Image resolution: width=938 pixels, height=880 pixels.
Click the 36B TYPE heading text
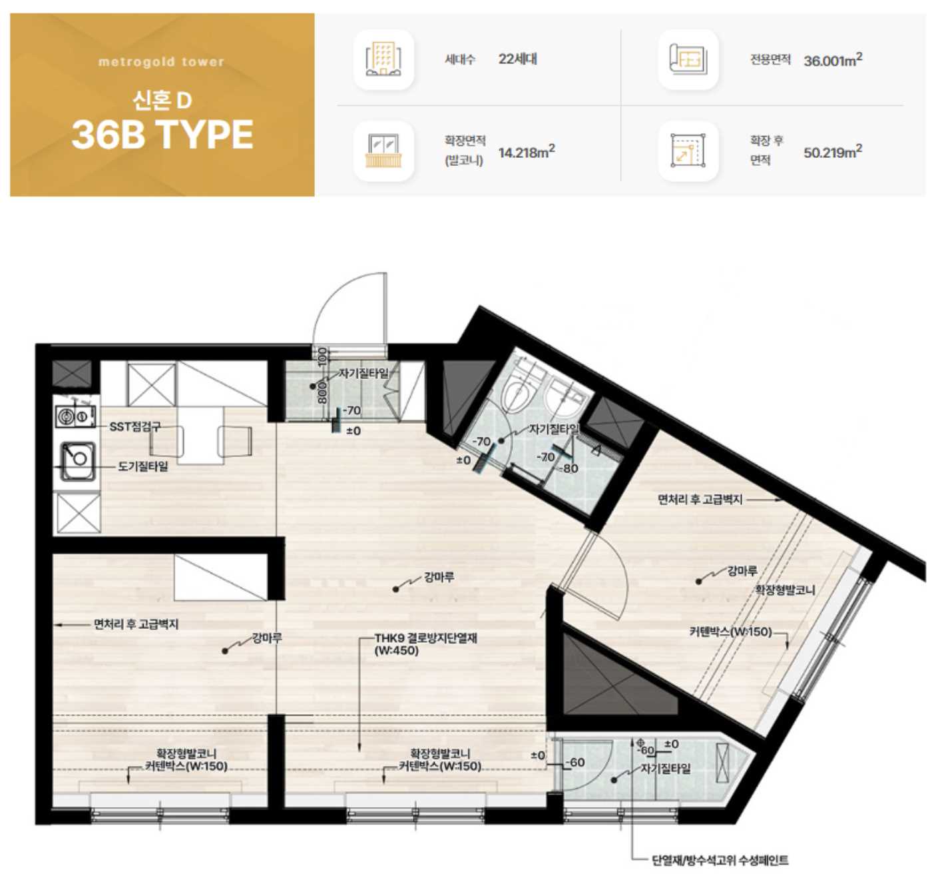click(162, 135)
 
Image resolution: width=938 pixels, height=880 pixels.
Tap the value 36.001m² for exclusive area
click(833, 60)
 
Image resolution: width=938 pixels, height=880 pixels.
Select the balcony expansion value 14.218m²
click(527, 152)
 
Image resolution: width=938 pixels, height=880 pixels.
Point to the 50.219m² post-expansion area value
click(833, 152)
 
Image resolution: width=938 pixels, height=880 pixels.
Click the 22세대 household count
click(518, 59)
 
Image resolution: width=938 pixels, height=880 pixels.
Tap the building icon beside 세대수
click(383, 59)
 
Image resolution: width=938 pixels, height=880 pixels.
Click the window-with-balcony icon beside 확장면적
click(383, 151)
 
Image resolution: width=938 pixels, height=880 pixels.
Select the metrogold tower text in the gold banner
click(162, 61)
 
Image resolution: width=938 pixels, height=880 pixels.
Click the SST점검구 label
click(135, 427)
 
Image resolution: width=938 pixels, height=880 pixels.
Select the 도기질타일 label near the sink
click(142, 467)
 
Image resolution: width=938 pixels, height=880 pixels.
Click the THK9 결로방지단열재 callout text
click(425, 644)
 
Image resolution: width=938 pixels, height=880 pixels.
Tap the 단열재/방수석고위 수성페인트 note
click(720, 860)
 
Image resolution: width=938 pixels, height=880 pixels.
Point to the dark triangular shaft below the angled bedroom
click(609, 681)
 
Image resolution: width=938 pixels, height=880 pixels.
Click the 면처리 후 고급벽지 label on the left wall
click(136, 625)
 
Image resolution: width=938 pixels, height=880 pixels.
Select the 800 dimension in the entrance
click(322, 392)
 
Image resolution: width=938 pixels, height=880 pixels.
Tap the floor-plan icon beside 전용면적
click(688, 59)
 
